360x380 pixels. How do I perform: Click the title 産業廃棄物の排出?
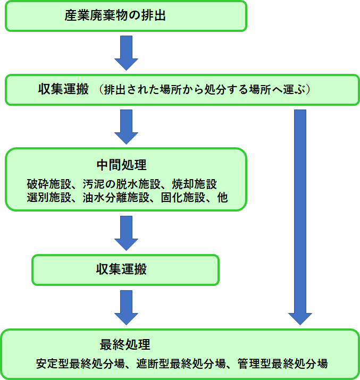115,15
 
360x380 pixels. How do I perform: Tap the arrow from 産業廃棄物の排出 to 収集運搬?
127,53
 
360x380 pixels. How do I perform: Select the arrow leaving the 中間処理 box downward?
127,232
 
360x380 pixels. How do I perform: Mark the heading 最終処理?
125,343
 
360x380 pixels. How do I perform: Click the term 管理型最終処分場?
284,364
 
